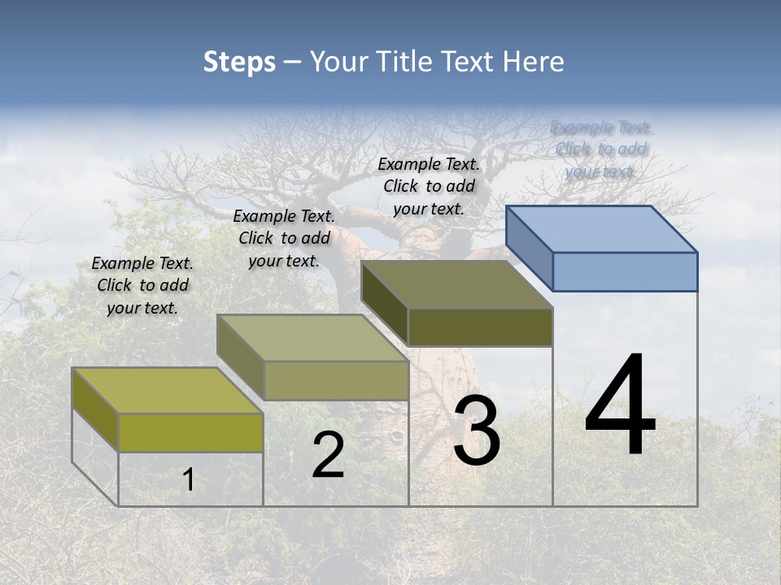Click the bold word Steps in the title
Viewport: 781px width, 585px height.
[239, 62]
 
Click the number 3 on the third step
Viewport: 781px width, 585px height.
[477, 431]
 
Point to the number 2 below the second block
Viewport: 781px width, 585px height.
[328, 456]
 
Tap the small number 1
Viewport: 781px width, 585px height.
[189, 480]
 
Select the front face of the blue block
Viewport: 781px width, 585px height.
[625, 271]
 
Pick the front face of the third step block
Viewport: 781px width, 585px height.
[480, 327]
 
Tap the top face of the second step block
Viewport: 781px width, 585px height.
[312, 338]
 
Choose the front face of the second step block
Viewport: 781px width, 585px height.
[335, 380]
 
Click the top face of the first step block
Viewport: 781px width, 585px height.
[168, 391]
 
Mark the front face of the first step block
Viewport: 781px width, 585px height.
[190, 432]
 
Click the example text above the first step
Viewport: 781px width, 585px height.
[142, 285]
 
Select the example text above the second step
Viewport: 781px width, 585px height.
[284, 238]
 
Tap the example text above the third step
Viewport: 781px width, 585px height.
[429, 186]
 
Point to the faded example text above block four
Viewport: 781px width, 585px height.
[600, 149]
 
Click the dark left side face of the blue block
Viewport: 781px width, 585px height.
[530, 248]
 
